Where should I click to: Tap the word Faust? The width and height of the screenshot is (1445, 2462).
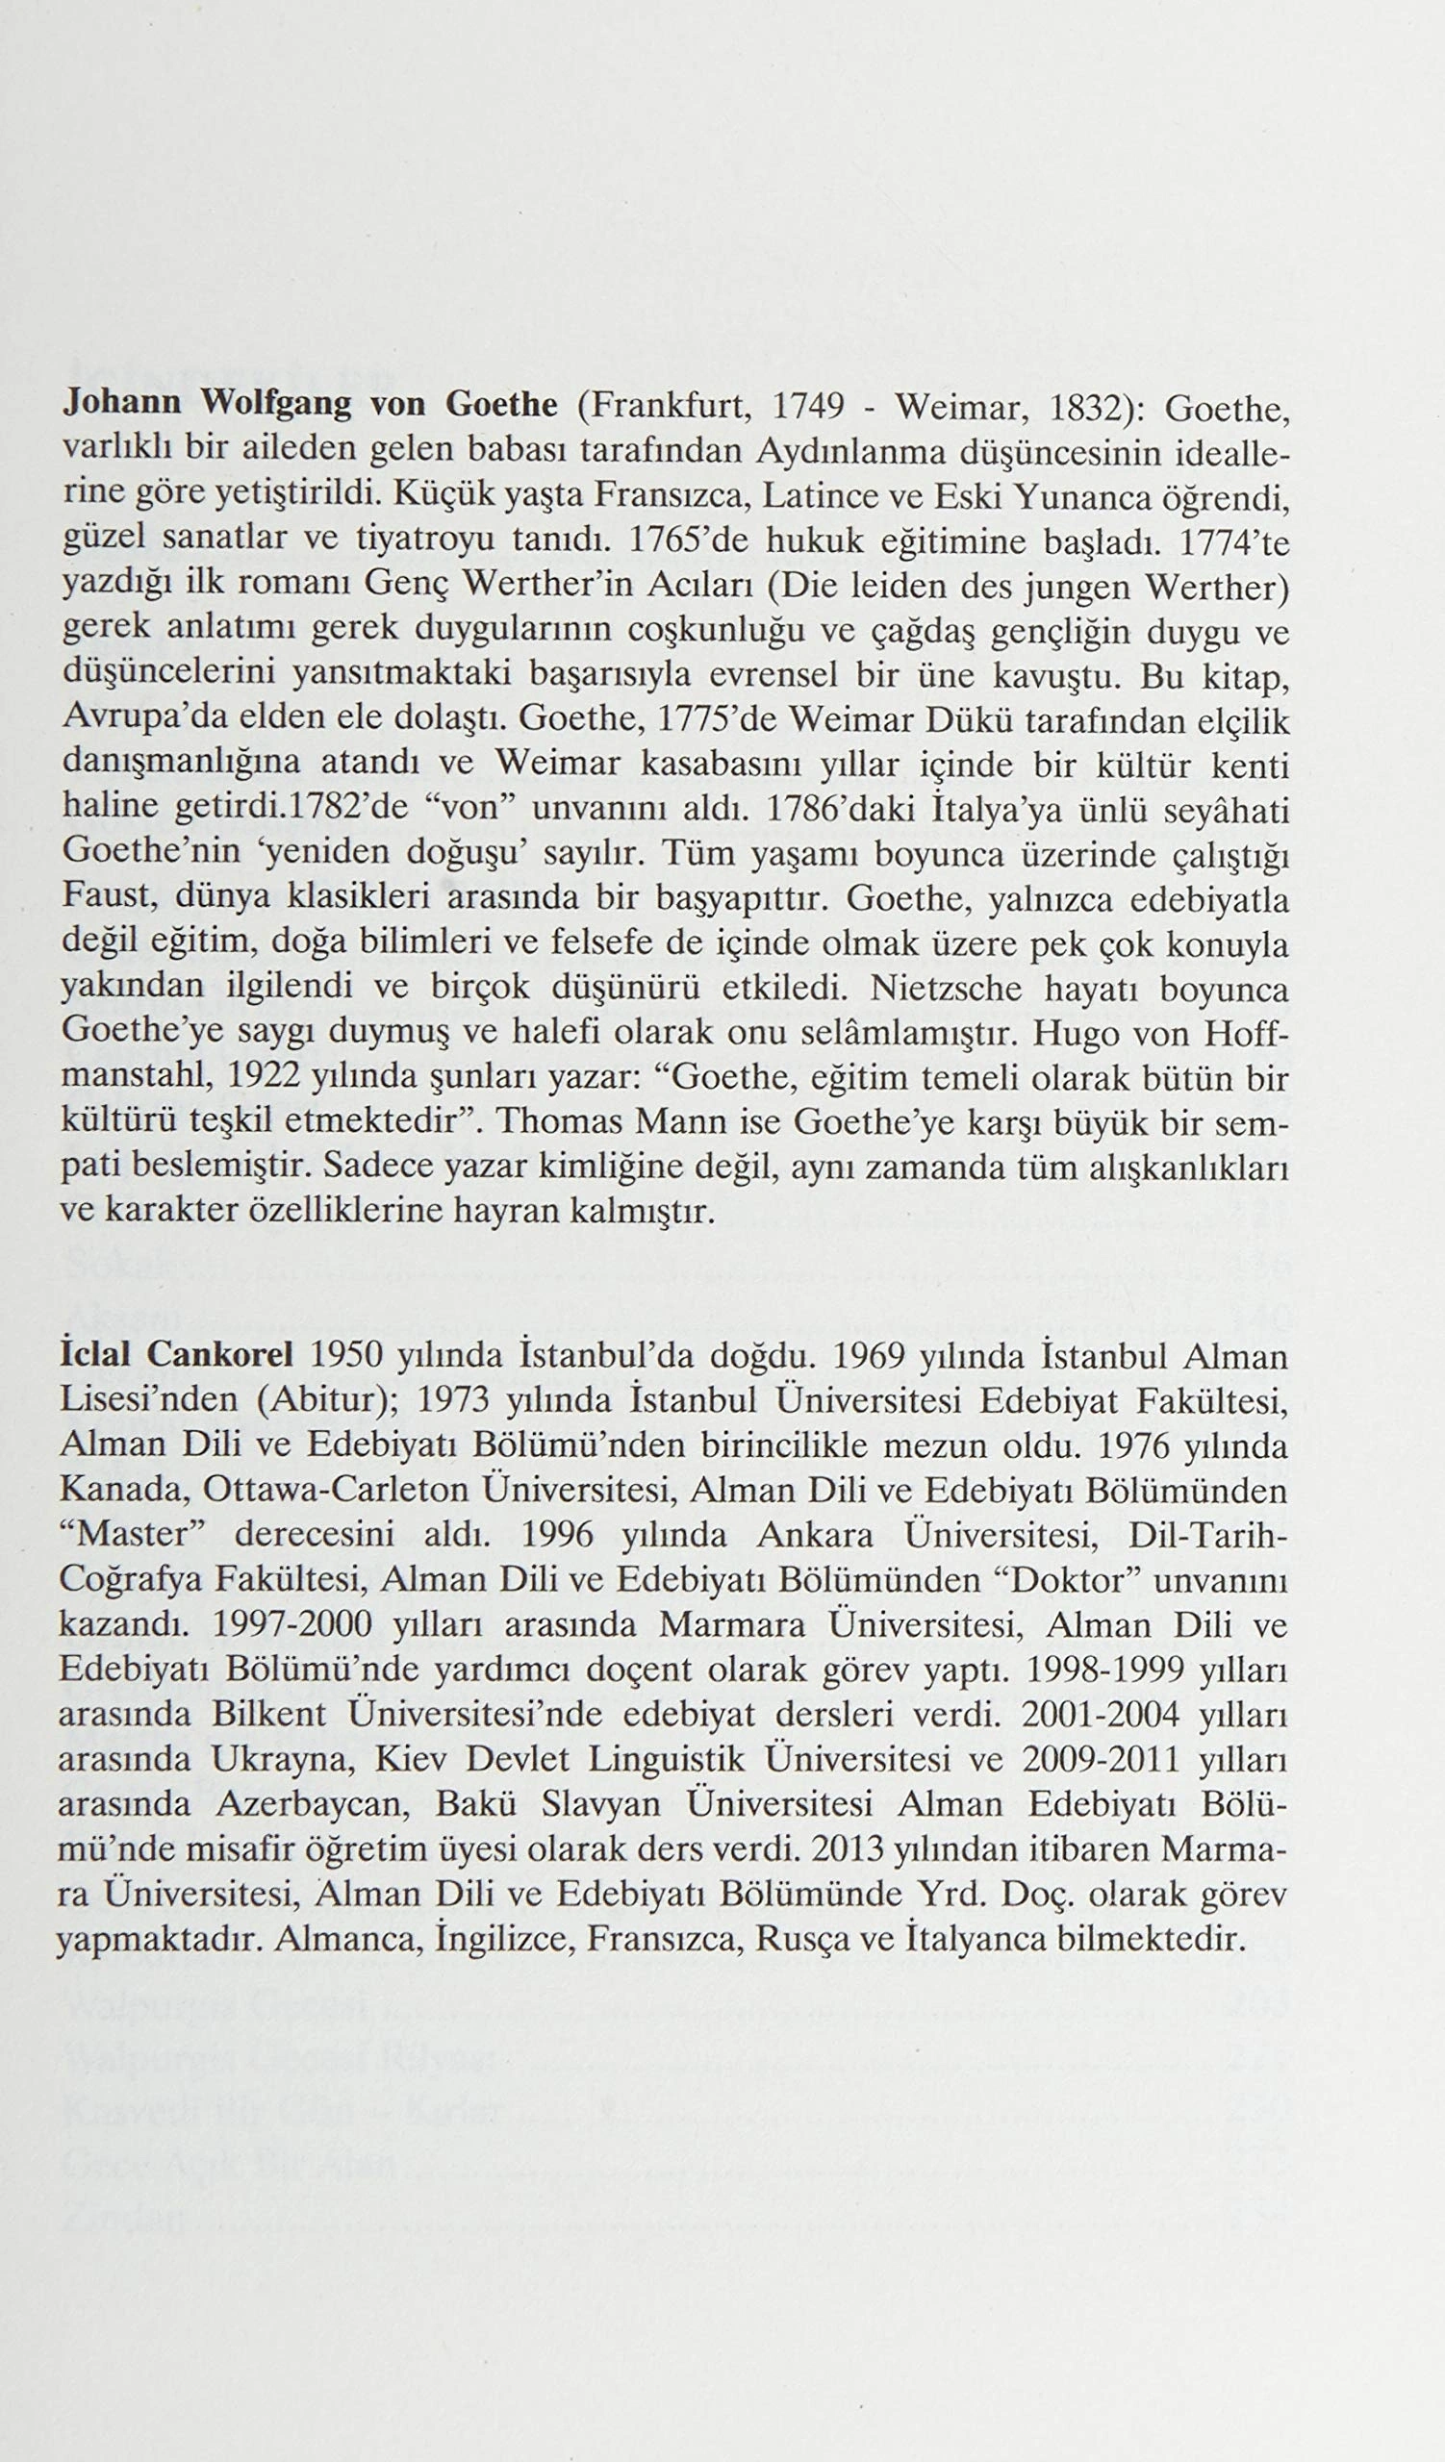pos(102,896)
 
